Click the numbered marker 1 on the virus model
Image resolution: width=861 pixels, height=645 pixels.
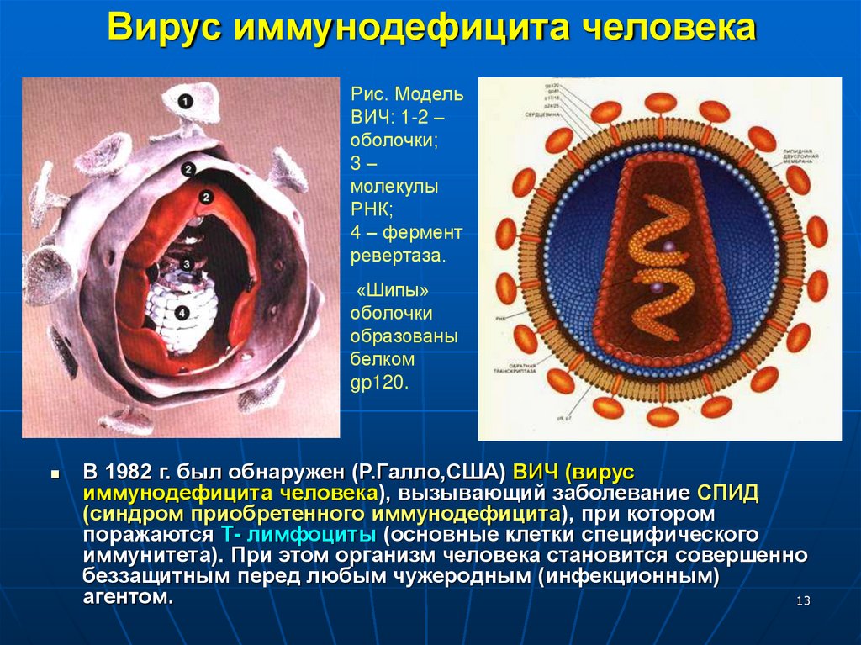(x=185, y=101)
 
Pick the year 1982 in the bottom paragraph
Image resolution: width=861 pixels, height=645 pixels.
(x=129, y=471)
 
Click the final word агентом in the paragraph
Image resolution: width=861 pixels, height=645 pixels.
(x=128, y=597)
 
